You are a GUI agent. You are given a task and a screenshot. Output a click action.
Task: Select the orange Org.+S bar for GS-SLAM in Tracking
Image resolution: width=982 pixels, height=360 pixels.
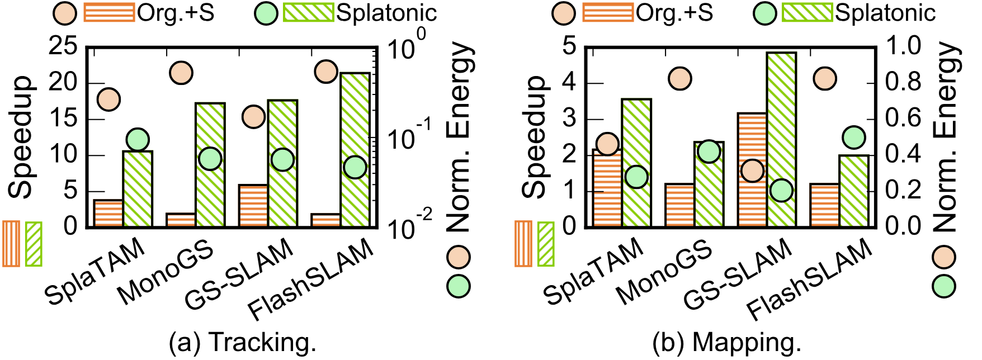253,205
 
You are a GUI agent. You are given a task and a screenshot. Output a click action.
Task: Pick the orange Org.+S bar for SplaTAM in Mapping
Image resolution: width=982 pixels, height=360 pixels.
607,188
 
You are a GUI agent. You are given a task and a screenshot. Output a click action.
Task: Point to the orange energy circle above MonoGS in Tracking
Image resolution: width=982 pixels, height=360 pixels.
182,73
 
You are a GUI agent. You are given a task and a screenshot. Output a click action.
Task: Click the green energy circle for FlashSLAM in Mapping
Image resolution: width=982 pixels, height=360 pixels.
853,137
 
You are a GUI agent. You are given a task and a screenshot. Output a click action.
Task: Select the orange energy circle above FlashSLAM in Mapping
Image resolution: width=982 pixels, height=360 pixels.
825,79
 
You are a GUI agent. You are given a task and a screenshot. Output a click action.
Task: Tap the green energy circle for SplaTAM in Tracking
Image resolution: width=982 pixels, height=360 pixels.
137,139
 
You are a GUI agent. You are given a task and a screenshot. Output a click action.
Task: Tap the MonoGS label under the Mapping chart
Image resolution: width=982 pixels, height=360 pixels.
665,273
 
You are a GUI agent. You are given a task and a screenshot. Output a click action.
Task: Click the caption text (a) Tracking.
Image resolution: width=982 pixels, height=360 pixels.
243,343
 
